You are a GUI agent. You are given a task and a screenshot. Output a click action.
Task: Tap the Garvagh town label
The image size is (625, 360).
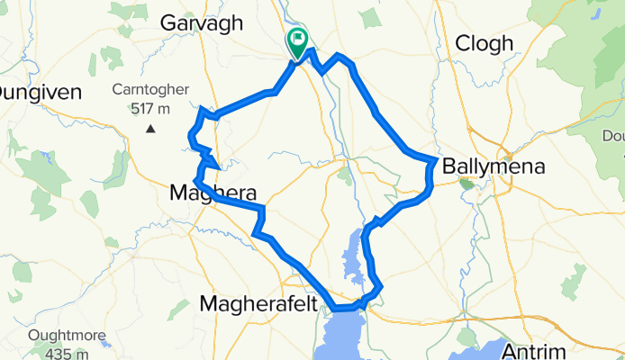202,23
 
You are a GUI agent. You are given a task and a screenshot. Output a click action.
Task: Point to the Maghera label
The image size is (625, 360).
213,192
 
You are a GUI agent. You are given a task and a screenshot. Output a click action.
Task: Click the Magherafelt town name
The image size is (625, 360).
258,303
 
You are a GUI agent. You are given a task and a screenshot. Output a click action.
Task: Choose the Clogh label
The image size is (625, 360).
485,43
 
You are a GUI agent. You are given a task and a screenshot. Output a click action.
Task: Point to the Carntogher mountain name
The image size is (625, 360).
150,90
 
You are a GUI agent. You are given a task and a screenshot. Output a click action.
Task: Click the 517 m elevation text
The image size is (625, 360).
150,108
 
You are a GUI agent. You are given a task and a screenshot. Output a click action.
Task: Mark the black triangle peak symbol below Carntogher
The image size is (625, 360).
150,129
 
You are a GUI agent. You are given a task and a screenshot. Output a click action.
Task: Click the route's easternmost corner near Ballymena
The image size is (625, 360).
437,161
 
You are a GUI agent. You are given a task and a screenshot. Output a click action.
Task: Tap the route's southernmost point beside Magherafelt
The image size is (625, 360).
338,309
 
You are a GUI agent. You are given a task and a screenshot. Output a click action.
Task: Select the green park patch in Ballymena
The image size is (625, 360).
466,184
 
